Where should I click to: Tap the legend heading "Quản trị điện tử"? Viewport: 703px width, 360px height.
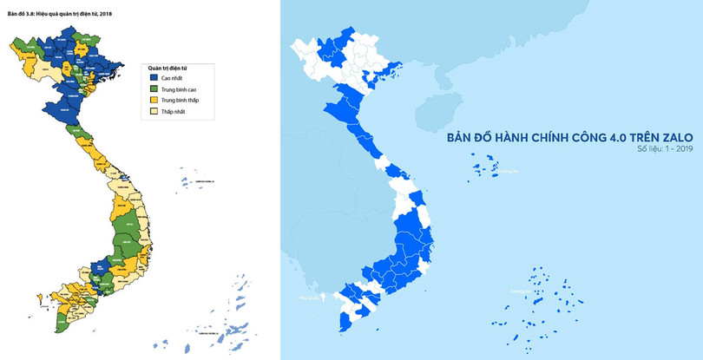[168, 66]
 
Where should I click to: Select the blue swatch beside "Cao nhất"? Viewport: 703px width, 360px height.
[153, 77]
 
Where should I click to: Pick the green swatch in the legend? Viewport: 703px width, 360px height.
[153, 89]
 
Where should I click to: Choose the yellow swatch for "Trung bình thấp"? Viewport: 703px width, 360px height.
[153, 101]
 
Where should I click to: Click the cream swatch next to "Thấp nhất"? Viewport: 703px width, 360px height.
[153, 112]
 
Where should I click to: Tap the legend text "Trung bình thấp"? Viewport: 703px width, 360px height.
[181, 101]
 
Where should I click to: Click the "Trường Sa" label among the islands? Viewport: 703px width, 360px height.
[522, 291]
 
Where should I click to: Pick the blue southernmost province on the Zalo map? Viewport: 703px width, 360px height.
[346, 323]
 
